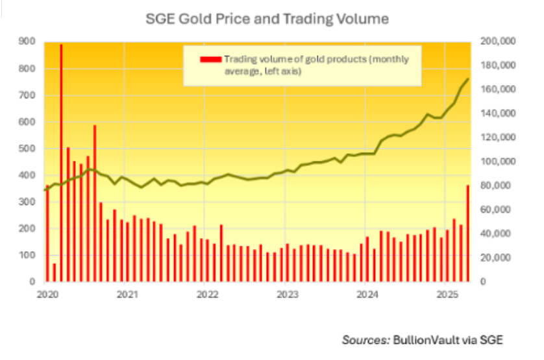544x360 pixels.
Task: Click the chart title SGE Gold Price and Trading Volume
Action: click(267, 19)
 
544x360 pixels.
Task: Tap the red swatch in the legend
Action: click(212, 59)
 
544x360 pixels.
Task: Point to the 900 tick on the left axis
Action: click(28, 42)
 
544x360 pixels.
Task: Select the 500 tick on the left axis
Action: click(28, 149)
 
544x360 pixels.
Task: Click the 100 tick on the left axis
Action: click(28, 256)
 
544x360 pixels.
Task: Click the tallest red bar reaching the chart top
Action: click(61, 162)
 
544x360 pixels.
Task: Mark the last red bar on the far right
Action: click(467, 234)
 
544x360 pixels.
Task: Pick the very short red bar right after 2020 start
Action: click(54, 272)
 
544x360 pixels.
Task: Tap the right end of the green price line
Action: click(468, 79)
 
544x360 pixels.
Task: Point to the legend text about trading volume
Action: click(316, 65)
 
